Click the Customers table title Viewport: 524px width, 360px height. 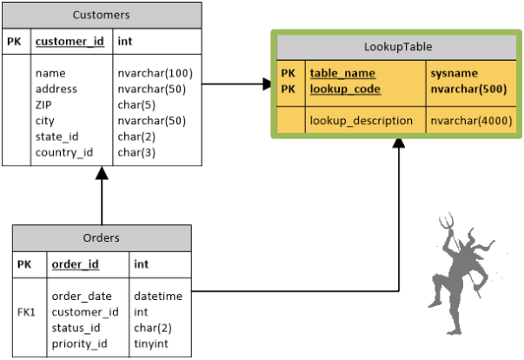pyautogui.click(x=102, y=15)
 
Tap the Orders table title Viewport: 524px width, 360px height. pyautogui.click(x=102, y=237)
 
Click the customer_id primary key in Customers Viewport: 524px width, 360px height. pyautogui.click(x=67, y=40)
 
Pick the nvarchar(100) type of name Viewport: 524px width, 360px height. pyautogui.click(x=149, y=73)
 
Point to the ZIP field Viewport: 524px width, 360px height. pyautogui.click(x=45, y=104)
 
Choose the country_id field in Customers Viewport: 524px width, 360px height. pyautogui.click(x=64, y=151)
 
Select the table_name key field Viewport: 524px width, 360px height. pyautogui.click(x=342, y=73)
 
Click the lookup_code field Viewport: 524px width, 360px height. pyautogui.click(x=345, y=89)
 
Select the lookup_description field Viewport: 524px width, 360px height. pyautogui.click(x=361, y=120)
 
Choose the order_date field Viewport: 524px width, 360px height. pyautogui.click(x=82, y=297)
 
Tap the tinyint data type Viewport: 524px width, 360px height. pyautogui.click(x=152, y=343)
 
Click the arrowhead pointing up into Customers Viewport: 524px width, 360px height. pyautogui.click(x=102, y=174)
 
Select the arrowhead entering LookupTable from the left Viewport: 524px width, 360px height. pyautogui.click(x=266, y=84)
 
